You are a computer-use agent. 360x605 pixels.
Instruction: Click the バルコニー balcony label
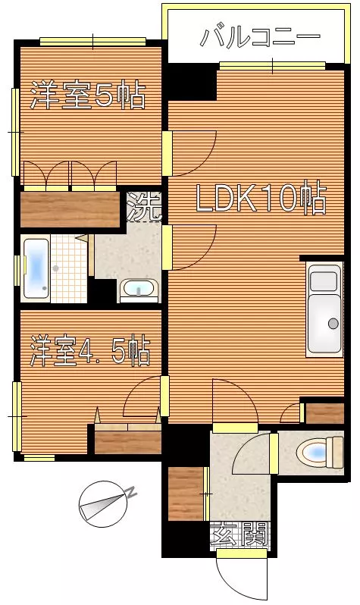tap(261, 37)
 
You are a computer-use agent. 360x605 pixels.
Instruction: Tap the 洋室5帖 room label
tap(89, 95)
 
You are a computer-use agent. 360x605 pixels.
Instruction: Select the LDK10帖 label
tap(261, 198)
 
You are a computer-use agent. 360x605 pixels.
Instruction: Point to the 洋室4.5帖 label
tap(90, 351)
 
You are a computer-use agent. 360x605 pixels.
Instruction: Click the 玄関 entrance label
tap(239, 534)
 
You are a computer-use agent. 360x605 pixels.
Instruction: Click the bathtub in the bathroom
tap(36, 268)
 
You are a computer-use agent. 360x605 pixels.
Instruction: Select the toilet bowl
tap(320, 452)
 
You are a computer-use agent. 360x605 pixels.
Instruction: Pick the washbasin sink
tap(139, 290)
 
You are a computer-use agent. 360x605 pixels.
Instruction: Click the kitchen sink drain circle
tap(333, 323)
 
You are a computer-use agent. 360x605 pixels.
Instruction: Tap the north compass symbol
tap(102, 504)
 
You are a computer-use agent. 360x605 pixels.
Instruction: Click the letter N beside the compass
tap(132, 492)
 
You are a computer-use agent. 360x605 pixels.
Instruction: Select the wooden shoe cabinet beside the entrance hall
tap(186, 494)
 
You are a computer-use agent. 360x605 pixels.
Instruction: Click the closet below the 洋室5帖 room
tap(70, 209)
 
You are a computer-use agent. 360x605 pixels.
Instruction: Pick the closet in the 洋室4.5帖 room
tap(128, 442)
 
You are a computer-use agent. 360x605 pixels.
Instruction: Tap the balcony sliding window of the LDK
tap(272, 66)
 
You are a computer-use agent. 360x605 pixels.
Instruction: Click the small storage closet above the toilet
tap(324, 414)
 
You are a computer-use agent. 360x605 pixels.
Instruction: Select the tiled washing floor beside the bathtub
tap(69, 268)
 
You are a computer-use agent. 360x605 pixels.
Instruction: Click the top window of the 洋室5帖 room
tap(93, 42)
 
